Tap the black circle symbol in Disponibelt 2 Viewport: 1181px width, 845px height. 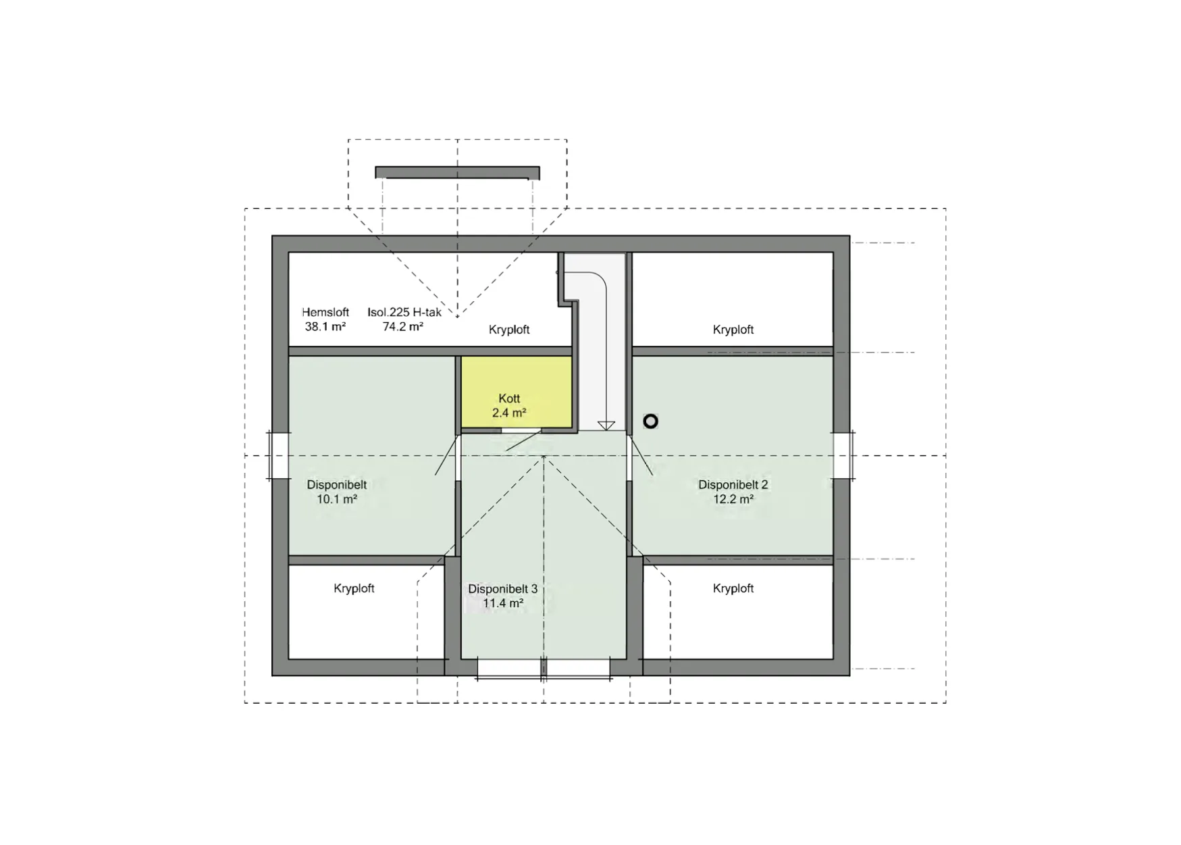pos(650,421)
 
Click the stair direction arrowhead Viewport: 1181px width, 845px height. pos(606,426)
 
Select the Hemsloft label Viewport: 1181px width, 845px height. pos(325,312)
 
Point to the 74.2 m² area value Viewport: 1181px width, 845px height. pos(403,326)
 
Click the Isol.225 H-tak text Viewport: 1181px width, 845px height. pos(404,312)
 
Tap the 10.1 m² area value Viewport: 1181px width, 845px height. pos(337,499)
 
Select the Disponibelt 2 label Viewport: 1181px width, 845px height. pos(733,484)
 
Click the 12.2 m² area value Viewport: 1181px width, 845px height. pos(733,499)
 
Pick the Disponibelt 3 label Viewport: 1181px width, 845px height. pos(503,589)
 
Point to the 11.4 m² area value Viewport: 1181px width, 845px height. pos(503,603)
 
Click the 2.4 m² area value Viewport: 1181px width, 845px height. pos(509,413)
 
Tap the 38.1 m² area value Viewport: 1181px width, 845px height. pos(325,326)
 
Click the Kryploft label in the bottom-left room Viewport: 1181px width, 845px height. pos(354,588)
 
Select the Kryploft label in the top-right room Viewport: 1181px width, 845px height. pos(733,330)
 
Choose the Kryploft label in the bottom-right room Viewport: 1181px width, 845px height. pos(733,588)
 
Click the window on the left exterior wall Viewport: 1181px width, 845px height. pos(280,456)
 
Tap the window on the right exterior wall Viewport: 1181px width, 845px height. pos(843,456)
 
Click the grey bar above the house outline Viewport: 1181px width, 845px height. pos(457,172)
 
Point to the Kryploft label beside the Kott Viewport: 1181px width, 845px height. pos(509,330)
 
